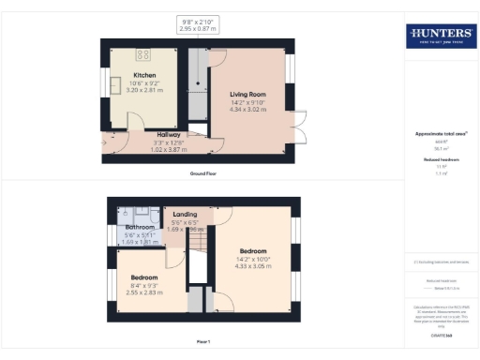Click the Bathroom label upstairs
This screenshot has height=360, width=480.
point(140,227)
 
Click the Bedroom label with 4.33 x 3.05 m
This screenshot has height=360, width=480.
point(252,251)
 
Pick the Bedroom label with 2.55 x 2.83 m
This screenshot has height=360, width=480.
point(143,277)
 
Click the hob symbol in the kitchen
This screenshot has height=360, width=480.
point(143,54)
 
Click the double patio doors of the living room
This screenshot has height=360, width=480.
point(301,128)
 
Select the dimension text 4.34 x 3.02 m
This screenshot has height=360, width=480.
point(250,109)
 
